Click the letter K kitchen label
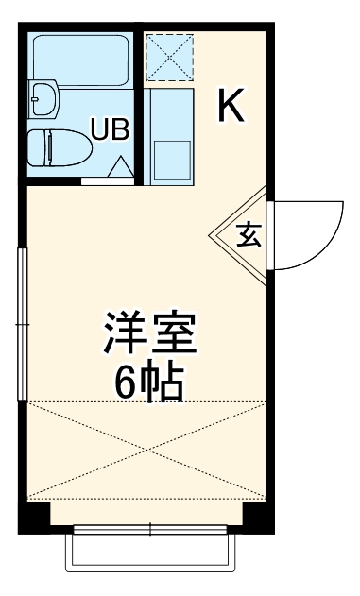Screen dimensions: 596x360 [231, 105]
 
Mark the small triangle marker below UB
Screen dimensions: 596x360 [120, 167]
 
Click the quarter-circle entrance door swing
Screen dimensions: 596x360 [302, 231]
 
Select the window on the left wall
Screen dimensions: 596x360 [22, 323]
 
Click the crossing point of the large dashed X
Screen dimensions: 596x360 [146, 450]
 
